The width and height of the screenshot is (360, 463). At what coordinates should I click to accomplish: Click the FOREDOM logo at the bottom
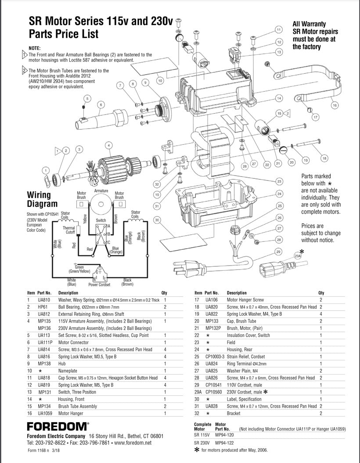click(58, 426)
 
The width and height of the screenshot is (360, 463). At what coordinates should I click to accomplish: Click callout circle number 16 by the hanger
click(335, 105)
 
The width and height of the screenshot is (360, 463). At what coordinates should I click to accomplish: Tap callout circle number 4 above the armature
click(107, 145)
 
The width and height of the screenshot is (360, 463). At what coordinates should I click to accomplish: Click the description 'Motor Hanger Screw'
click(245, 300)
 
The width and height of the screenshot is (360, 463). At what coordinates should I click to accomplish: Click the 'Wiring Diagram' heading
click(43, 199)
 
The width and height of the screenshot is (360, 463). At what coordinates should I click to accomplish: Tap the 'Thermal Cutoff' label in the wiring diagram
click(68, 230)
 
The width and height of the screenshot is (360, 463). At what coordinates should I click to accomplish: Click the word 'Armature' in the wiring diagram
click(101, 191)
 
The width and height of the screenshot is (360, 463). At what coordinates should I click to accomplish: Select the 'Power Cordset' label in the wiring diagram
click(99, 284)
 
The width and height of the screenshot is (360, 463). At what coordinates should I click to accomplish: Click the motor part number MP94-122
click(224, 443)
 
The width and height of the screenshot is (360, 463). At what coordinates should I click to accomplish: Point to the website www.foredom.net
click(133, 443)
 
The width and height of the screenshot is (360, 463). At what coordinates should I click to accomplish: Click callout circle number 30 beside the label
click(157, 220)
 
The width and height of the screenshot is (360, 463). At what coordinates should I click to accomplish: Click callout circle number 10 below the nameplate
click(160, 81)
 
